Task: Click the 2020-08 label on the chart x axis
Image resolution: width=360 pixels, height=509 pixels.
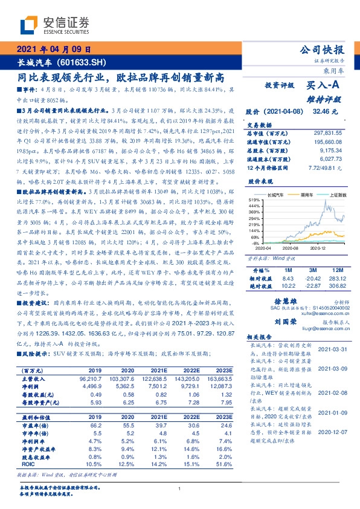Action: pyautogui.click(x=291, y=248)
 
